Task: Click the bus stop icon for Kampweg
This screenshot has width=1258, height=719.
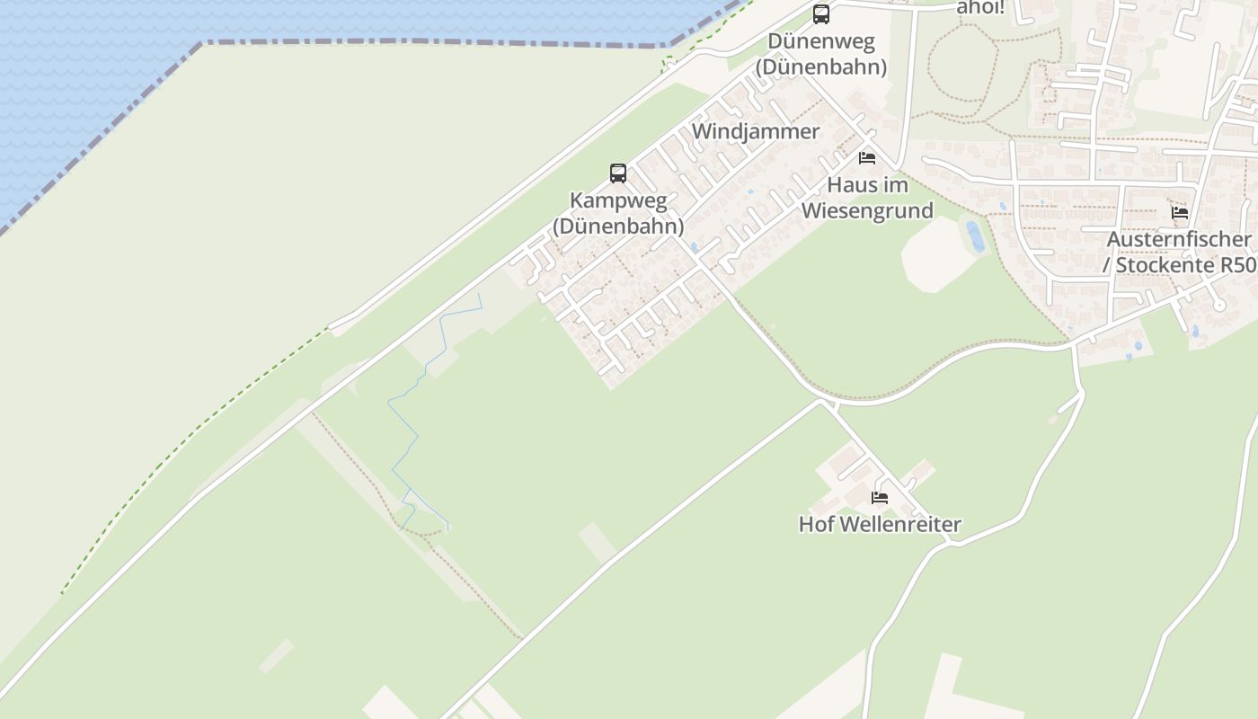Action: [x=618, y=173]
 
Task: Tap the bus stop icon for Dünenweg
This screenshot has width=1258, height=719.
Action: [x=821, y=14]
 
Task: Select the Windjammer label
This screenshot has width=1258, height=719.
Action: [x=756, y=131]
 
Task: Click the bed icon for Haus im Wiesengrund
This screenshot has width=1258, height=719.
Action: [x=867, y=158]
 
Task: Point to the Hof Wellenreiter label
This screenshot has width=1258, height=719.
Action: [x=880, y=524]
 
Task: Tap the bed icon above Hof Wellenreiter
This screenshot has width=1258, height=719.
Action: [x=880, y=497]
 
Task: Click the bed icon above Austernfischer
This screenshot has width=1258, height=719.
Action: [x=1180, y=213]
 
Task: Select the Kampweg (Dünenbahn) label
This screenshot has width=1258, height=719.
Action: [x=618, y=213]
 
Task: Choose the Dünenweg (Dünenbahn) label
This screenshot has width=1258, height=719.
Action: [x=821, y=54]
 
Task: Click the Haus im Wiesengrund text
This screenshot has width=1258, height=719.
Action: [x=867, y=198]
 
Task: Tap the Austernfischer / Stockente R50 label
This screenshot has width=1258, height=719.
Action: [x=1179, y=253]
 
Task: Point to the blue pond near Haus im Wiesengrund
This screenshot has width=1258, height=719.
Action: [x=975, y=236]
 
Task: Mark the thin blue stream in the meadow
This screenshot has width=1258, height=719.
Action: [x=418, y=431]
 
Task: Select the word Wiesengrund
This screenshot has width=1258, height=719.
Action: [x=867, y=211]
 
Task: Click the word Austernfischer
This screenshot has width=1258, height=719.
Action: [x=1179, y=239]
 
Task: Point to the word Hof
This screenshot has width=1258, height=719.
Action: [x=814, y=524]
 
